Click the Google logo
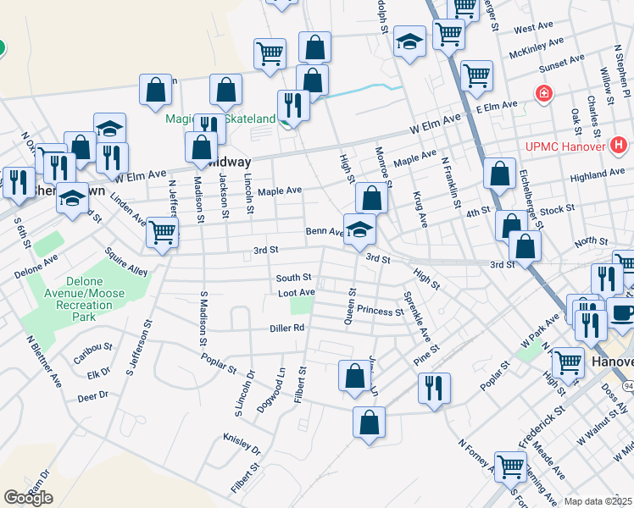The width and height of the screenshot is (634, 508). pos(28,498)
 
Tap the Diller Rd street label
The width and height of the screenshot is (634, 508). pos(287,328)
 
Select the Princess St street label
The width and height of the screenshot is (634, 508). pos(380,310)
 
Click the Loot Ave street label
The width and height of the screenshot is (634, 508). pos(297,292)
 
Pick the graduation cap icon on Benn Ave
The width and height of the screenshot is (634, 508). pos(359,229)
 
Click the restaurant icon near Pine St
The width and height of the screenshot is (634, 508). pos(434,388)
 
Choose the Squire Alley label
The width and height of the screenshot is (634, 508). pos(126,261)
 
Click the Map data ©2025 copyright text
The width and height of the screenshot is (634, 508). pos(598,501)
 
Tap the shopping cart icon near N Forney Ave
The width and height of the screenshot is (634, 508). pos(510,465)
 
